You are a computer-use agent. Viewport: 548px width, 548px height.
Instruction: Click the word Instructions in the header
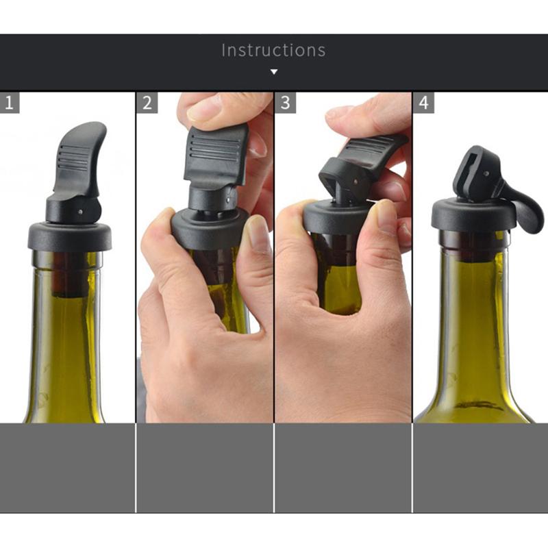(273, 50)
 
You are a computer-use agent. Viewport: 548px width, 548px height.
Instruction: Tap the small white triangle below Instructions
(274, 71)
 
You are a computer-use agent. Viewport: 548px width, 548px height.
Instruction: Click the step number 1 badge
(9, 103)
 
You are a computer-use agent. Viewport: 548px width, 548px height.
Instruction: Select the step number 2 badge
(147, 103)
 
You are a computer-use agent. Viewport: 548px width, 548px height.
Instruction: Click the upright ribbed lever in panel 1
(81, 161)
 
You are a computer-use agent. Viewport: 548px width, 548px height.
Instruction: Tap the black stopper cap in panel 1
(70, 236)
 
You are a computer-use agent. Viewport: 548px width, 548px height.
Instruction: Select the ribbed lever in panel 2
(215, 154)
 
